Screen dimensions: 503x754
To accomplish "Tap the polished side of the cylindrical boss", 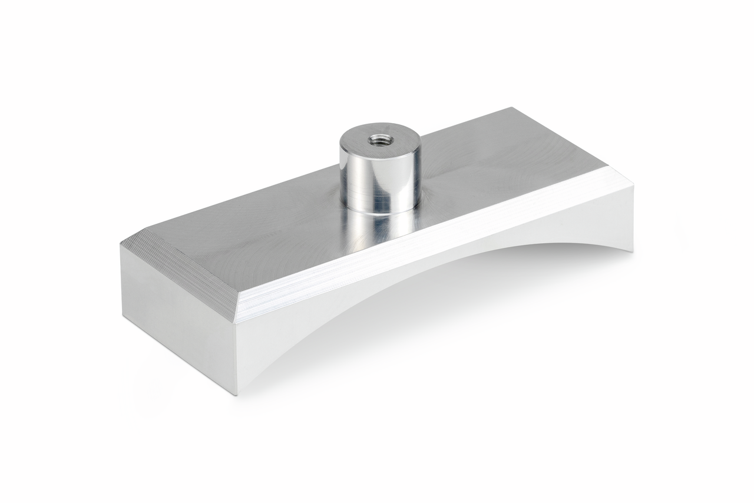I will click(379, 174).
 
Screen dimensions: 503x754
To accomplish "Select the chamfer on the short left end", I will click(177, 274).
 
